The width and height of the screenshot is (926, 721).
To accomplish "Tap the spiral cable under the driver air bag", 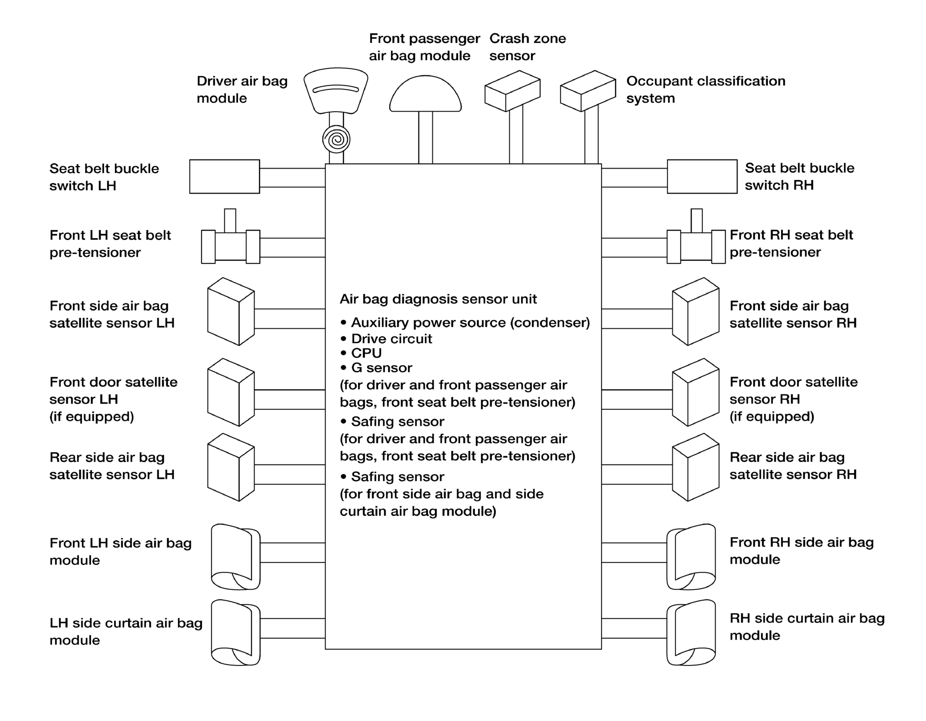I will (336, 140).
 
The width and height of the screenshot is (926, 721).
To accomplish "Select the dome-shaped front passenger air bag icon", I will (425, 95).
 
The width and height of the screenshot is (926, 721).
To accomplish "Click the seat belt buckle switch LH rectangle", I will (224, 176).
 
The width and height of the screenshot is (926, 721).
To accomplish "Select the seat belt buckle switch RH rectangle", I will (702, 176).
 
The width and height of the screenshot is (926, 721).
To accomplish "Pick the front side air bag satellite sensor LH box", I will (230, 312).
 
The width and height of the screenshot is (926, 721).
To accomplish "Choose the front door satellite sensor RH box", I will (695, 392).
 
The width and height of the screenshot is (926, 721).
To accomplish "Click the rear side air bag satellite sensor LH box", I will (230, 467).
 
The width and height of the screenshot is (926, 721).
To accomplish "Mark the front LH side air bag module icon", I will (235, 557).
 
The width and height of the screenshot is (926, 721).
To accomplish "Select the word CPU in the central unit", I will (366, 353).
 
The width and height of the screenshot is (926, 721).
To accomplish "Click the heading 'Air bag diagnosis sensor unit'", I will (438, 299).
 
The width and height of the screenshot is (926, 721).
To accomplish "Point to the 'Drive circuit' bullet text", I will (391, 339).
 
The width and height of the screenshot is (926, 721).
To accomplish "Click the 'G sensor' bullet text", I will (381, 368).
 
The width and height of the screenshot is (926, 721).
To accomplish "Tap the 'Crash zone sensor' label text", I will (527, 47).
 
